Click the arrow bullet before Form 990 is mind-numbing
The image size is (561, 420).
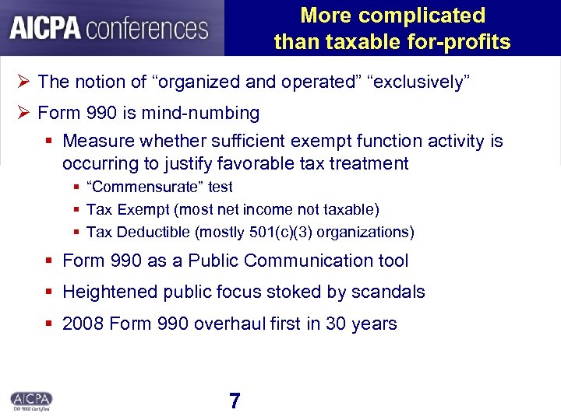23,114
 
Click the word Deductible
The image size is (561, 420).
153,232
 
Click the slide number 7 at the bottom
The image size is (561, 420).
235,401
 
